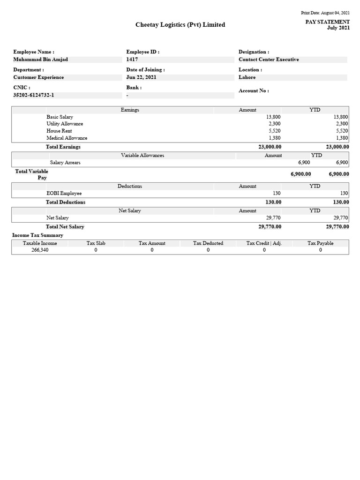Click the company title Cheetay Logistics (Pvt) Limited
coord(180,25)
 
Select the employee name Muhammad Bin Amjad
coord(41,60)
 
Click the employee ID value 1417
coord(132,60)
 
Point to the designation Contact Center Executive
coord(269,60)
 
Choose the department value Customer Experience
coord(38,77)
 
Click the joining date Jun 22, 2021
coord(141,77)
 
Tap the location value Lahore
coord(247,77)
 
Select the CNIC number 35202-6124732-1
coord(34,95)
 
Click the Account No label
coord(254,91)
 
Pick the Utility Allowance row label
coord(65,124)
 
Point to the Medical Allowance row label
coord(67,138)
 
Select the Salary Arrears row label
coord(65,162)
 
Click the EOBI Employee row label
coord(64,193)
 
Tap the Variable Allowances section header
coord(142,155)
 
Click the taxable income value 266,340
coord(40,250)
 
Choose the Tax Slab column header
coord(96,243)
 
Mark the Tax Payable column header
coord(321,243)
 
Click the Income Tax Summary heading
coord(37,235)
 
